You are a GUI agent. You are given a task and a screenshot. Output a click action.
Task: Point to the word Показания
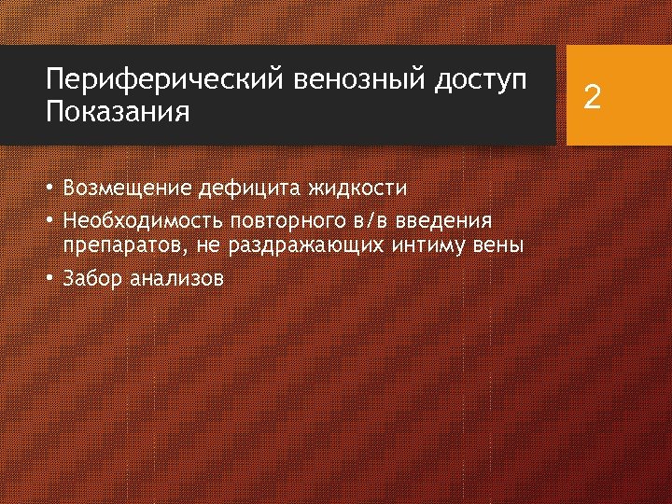click(118, 114)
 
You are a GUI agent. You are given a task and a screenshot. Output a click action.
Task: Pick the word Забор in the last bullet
click(92, 278)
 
